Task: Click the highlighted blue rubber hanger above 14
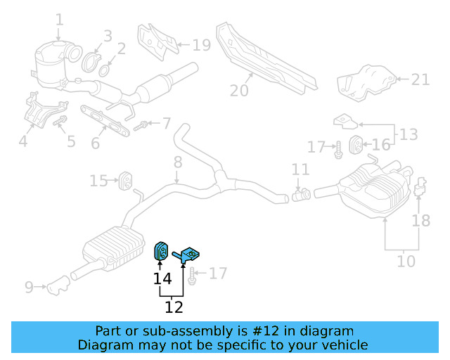(160, 250)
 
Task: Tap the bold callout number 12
(174, 307)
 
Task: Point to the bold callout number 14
(162, 279)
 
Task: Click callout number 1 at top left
(59, 20)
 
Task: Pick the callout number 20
(239, 90)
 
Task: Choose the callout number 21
(420, 79)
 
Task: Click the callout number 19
(201, 46)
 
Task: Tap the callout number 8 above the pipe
(178, 162)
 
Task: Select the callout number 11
(300, 169)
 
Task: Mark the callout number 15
(98, 181)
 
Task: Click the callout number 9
(29, 286)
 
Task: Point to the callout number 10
(406, 262)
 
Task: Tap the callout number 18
(420, 221)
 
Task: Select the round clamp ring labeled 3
(91, 61)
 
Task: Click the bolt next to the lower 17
(191, 274)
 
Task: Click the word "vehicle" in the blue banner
(343, 345)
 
